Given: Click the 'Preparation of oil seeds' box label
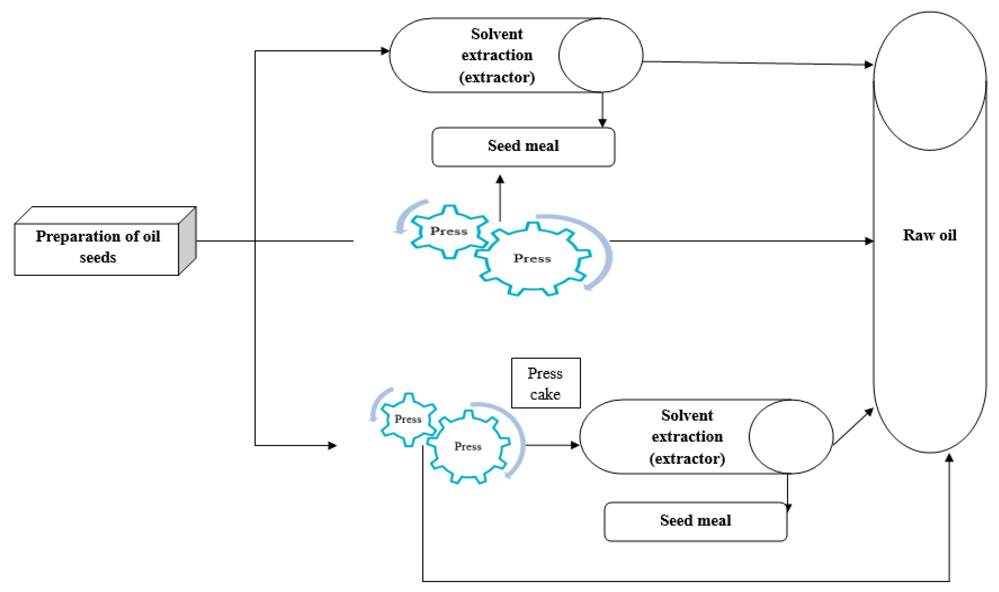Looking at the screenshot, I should click(x=98, y=246).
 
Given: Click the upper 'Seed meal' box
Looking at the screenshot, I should click(x=523, y=146).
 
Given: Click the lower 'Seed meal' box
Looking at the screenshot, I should click(x=695, y=521).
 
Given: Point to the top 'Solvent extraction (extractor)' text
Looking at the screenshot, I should click(x=497, y=55).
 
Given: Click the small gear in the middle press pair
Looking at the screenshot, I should click(x=449, y=231).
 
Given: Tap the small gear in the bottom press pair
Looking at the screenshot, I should click(x=408, y=419).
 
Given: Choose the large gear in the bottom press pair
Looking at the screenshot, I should click(x=468, y=447).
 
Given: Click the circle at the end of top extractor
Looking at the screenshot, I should click(x=600, y=55).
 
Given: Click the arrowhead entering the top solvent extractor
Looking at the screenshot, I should click(x=385, y=51).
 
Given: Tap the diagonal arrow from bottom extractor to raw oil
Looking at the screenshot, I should click(x=853, y=427).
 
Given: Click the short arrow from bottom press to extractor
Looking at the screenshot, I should click(x=552, y=445).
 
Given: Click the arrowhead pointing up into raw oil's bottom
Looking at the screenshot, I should click(x=949, y=458).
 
